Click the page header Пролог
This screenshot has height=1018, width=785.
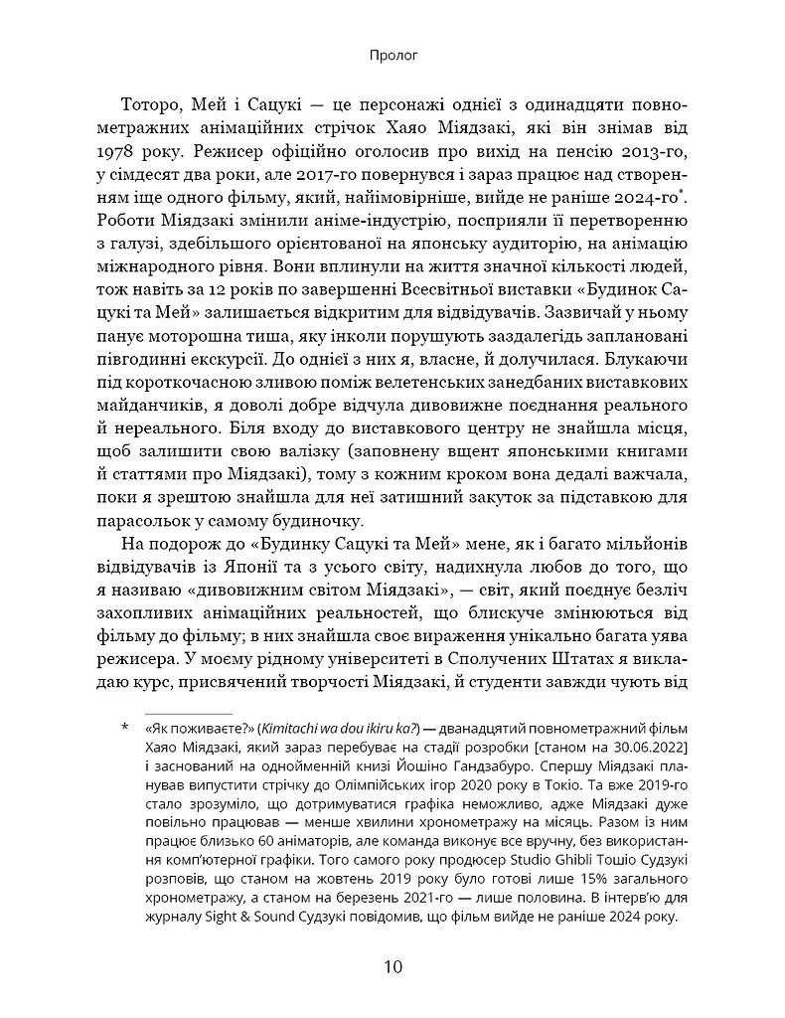point(392,57)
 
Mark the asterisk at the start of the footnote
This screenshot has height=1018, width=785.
point(124,731)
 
